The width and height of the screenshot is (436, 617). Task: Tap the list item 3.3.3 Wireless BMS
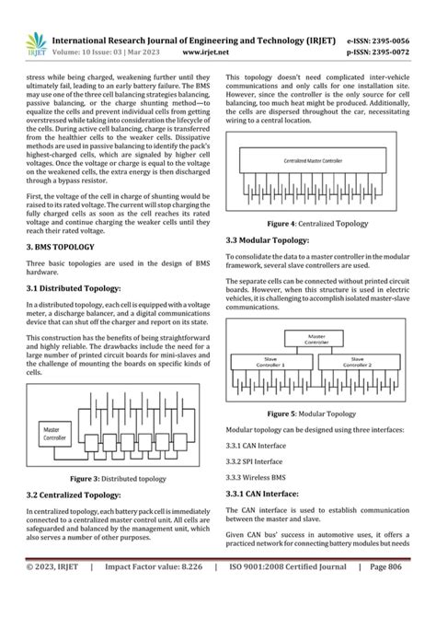click(x=258, y=477)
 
